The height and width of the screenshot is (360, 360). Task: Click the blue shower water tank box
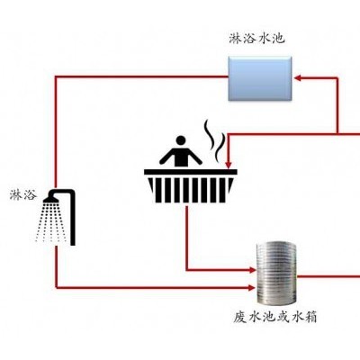[x=260, y=78]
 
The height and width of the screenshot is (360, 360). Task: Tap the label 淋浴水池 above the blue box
[x=256, y=39]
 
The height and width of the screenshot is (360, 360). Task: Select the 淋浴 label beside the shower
[x=23, y=195]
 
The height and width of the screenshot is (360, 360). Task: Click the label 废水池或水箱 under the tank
[x=274, y=317]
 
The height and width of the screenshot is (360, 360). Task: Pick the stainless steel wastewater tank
[x=276, y=274]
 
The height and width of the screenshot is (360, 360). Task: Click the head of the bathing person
[x=181, y=140]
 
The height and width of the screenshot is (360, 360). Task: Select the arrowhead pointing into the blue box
[x=298, y=78]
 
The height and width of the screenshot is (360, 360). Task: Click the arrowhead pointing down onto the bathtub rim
[x=229, y=165]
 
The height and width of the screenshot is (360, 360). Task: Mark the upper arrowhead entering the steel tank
[x=252, y=270]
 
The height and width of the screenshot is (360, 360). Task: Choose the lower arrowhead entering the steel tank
[x=252, y=288]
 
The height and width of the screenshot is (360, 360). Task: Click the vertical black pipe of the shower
[x=73, y=219]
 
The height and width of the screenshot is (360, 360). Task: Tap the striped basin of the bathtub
[x=190, y=190]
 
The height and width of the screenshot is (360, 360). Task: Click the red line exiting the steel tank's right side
[x=328, y=276]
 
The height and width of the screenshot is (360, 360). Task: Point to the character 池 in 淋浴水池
[x=277, y=39]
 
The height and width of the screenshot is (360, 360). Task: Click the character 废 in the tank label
[x=240, y=317]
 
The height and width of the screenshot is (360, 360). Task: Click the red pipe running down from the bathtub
[x=187, y=237]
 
